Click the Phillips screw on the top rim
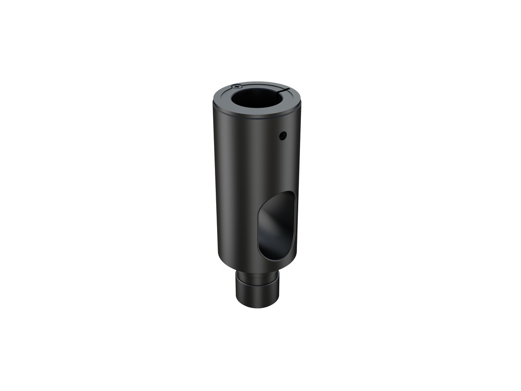pos(235,86)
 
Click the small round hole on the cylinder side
pos(283,136)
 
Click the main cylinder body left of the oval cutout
pos(237,195)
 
